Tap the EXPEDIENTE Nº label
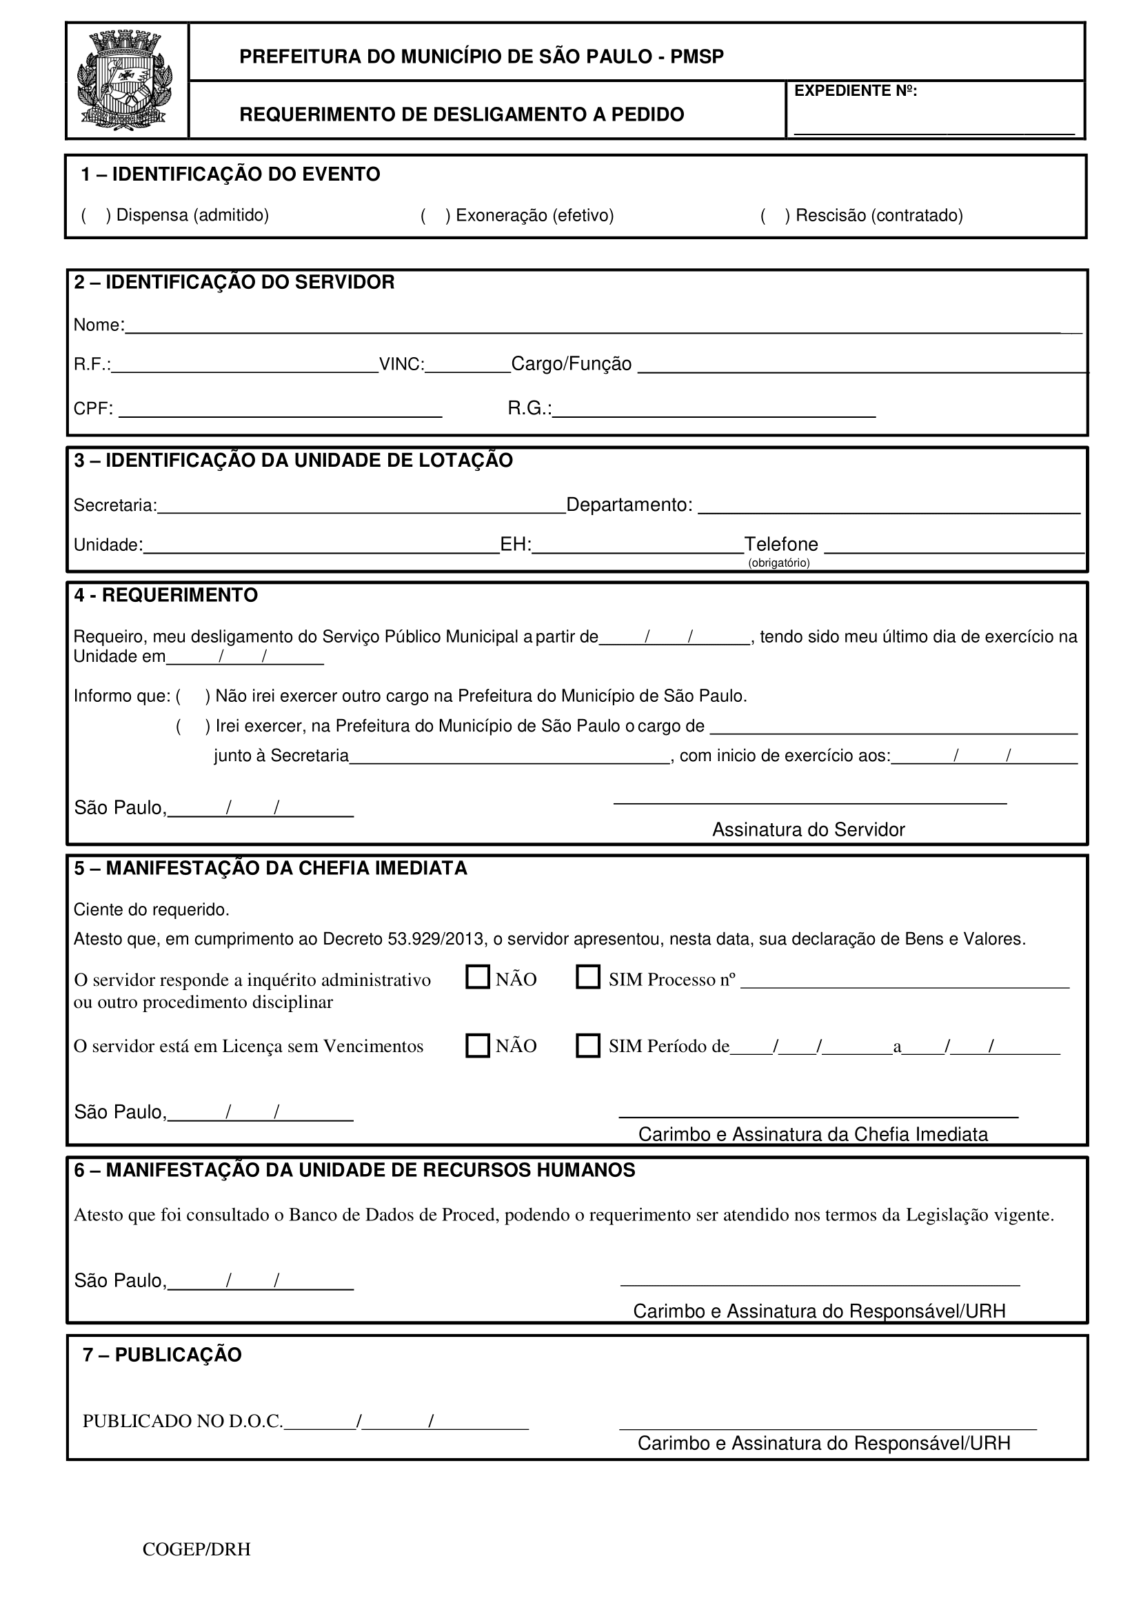click(855, 91)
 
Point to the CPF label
click(93, 408)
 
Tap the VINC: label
click(401, 364)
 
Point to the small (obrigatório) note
click(778, 563)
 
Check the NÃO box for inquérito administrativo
click(478, 977)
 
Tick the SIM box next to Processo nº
click(587, 977)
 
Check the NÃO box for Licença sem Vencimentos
click(478, 1045)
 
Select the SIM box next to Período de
click(587, 1045)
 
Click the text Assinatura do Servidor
click(809, 830)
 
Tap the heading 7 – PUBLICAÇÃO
click(162, 1355)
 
